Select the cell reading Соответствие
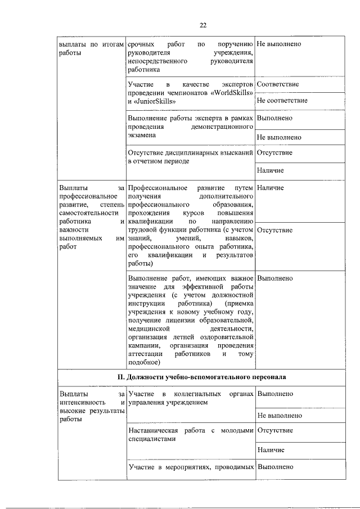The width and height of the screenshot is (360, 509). pos(277,84)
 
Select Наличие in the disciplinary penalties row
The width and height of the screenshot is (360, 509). pos(270,170)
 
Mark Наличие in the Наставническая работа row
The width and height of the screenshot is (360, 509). pos(270,450)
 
